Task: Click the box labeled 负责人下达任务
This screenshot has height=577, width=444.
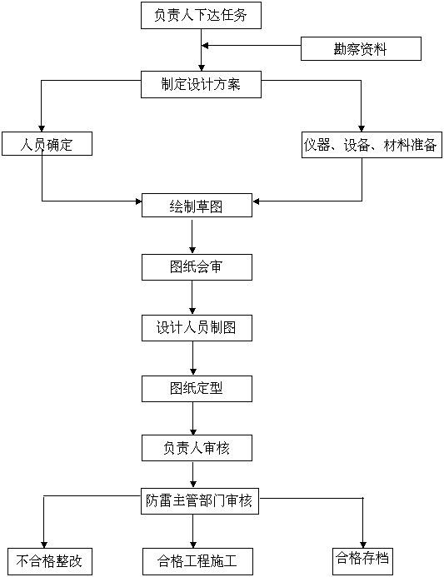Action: point(201,15)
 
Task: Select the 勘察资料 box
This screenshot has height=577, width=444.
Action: point(361,48)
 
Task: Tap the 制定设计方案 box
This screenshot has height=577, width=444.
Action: point(201,85)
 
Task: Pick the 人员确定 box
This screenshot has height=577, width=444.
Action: point(47,143)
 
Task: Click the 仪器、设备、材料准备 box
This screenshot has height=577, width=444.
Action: point(372,145)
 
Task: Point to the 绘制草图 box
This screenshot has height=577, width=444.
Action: point(197,206)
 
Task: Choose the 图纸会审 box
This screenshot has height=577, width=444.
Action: point(197,267)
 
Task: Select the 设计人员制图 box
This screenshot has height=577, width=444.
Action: point(197,328)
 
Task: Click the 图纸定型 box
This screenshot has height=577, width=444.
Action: point(197,389)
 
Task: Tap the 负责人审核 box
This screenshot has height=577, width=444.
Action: point(197,448)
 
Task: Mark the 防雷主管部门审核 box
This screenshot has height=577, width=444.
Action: point(200,501)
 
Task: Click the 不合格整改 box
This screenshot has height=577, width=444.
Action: point(50,561)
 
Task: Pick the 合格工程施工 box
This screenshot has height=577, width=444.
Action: point(197,561)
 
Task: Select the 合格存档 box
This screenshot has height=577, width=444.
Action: point(362,561)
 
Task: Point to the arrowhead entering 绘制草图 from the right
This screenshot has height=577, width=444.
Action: point(257,201)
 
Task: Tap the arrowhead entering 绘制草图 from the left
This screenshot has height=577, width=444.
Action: point(139,201)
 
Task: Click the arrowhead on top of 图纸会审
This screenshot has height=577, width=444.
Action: point(192,251)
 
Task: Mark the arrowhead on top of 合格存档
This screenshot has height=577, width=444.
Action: point(363,545)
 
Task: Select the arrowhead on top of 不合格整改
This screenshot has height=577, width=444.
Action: point(44,545)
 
